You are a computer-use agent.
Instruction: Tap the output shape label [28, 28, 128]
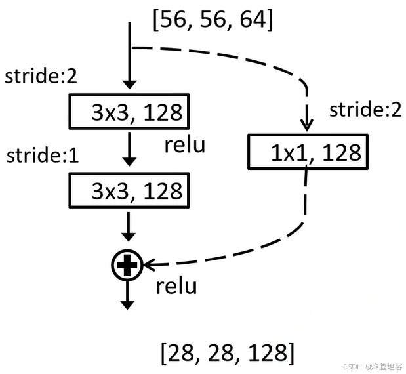(x=227, y=354)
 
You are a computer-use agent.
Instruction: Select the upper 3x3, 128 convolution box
(x=129, y=112)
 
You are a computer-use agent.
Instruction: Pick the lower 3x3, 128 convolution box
(x=129, y=192)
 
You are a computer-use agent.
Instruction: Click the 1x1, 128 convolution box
(x=306, y=152)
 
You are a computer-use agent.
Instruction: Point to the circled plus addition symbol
(x=129, y=264)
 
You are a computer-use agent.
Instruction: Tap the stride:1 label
(x=41, y=156)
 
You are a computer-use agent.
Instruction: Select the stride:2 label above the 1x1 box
(x=365, y=110)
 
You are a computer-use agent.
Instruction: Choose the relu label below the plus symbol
(x=177, y=286)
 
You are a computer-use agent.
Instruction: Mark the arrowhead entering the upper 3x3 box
(x=129, y=85)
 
